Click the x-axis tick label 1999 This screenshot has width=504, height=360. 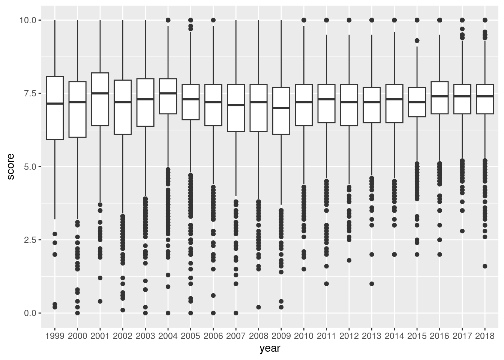click(x=55, y=336)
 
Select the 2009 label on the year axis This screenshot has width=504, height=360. click(x=281, y=336)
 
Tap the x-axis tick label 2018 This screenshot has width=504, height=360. click(x=484, y=336)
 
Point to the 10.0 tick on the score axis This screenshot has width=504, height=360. click(x=28, y=20)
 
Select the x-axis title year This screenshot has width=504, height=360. click(x=270, y=349)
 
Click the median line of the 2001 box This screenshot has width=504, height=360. click(x=100, y=93)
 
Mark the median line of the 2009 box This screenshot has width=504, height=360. click(x=281, y=108)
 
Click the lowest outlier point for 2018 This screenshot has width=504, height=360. click(x=484, y=266)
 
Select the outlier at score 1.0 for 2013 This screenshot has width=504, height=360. click(x=372, y=284)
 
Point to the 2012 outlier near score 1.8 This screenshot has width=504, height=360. click(x=349, y=260)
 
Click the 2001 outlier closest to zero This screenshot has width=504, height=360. click(x=100, y=301)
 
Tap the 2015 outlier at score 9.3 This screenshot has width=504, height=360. click(x=417, y=40)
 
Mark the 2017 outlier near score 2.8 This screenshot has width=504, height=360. click(x=462, y=231)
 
